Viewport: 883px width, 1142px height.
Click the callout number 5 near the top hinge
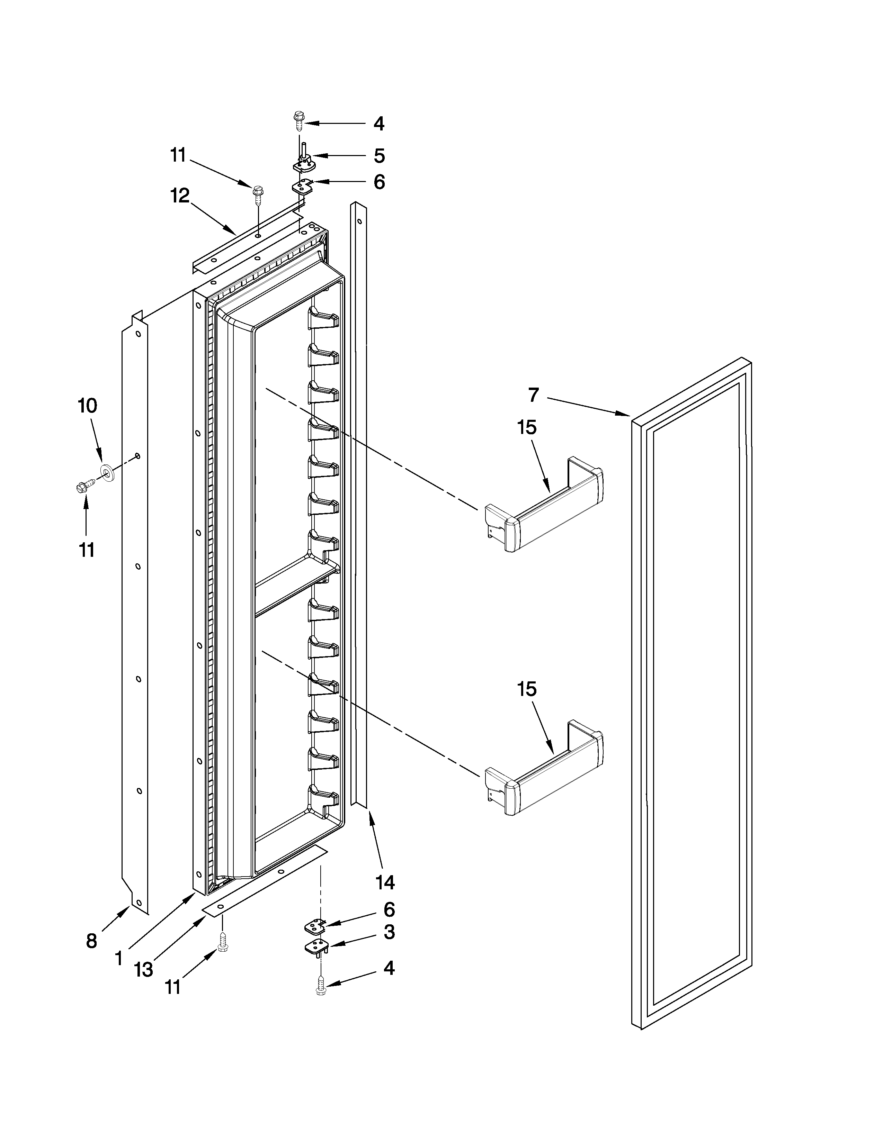coord(379,155)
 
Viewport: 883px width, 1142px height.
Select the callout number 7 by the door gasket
coord(533,395)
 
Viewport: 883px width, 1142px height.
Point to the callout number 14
coord(385,883)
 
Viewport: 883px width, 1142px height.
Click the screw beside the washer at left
coord(84,486)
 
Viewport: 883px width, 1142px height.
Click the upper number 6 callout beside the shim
coord(379,182)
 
